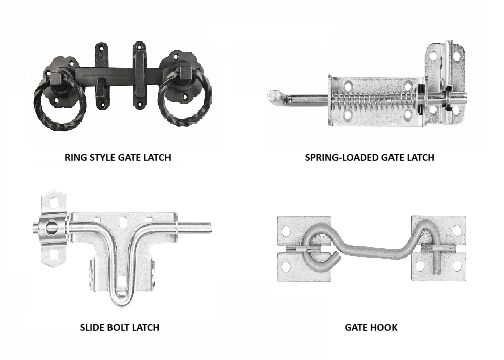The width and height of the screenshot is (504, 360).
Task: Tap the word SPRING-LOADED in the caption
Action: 341,157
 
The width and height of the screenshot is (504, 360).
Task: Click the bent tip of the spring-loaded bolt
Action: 273,96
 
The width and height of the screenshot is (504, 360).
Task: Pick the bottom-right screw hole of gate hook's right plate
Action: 457,266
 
